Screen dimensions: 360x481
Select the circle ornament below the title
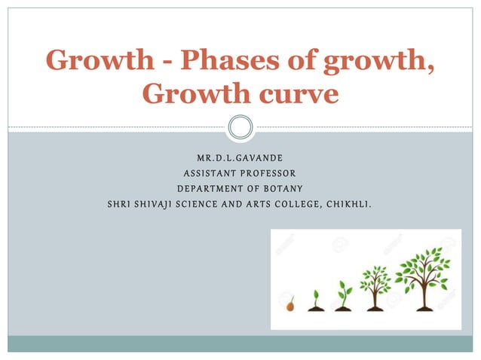click(x=240, y=127)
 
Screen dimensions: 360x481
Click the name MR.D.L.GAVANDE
click(x=240, y=160)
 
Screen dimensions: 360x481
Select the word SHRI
click(x=121, y=203)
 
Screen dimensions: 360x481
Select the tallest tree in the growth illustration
click(x=422, y=278)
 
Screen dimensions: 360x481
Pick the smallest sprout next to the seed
click(x=315, y=300)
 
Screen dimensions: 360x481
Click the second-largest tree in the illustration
click(x=374, y=287)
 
